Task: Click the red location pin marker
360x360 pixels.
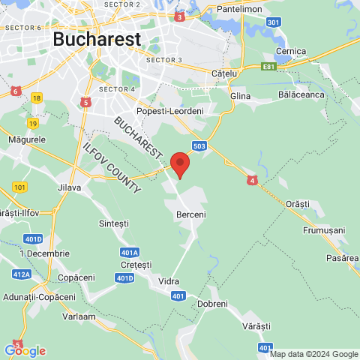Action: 179,163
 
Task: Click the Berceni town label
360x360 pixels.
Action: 190,214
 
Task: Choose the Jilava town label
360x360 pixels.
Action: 69,187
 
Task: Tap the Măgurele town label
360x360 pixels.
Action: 27,139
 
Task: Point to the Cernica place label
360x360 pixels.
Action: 291,51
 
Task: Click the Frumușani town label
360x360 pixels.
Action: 323,229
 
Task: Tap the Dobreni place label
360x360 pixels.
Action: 212,303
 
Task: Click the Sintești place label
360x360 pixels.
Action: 114,223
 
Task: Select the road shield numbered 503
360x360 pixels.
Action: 199,145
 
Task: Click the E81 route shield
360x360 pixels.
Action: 269,67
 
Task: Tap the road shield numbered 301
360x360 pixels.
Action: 274,22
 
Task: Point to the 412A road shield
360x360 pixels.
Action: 22,275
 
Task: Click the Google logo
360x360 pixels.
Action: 25,350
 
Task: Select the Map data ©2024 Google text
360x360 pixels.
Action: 314,355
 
